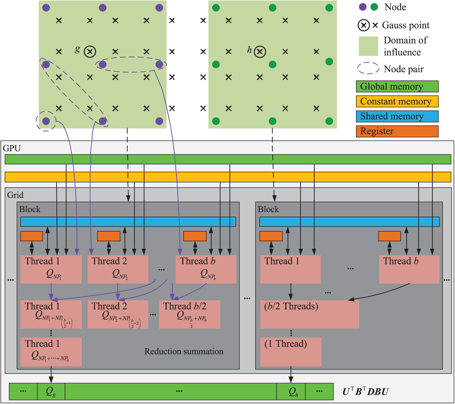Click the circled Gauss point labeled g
tap(90, 52)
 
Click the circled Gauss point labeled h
tap(260, 52)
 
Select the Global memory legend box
tap(397, 86)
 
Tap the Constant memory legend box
tap(397, 101)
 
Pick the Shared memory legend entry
tap(397, 116)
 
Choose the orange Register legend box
tap(397, 131)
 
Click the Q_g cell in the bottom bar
tap(51, 391)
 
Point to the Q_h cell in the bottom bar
tap(291, 391)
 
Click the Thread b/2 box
tap(189, 314)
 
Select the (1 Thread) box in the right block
tap(291, 352)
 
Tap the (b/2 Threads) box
tap(309, 314)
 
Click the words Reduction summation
tap(184, 351)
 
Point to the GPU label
tap(12, 148)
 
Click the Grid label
tap(15, 195)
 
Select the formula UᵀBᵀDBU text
tap(365, 392)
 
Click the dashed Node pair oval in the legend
tap(368, 68)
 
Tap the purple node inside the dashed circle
tap(46, 121)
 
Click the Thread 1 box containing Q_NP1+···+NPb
tap(51, 352)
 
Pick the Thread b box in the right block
tap(409, 269)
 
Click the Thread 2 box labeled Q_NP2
tap(118, 269)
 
